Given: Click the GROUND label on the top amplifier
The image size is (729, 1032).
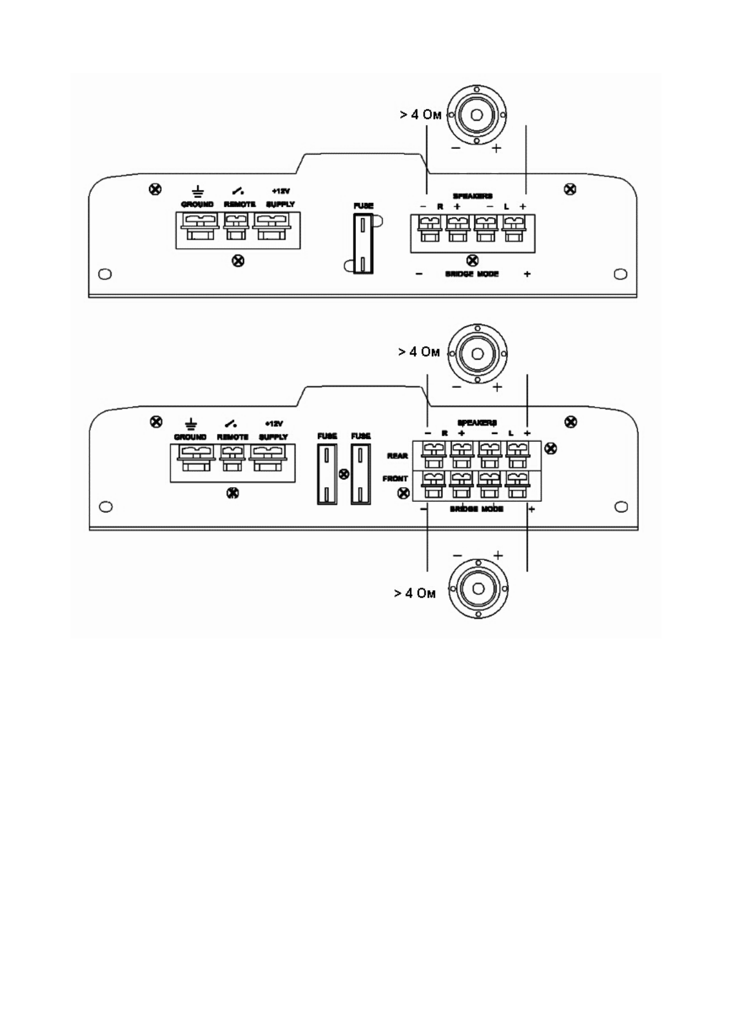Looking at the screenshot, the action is (x=197, y=204).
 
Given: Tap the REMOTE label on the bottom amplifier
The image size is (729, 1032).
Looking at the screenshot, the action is (x=233, y=437).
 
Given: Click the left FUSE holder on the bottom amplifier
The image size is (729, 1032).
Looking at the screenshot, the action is (x=327, y=474).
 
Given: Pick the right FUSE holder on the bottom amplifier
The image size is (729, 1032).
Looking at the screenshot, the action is (x=361, y=474).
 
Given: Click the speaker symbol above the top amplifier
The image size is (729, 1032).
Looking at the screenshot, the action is (x=477, y=115).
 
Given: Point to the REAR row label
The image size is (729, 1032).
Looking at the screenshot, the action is (x=398, y=456).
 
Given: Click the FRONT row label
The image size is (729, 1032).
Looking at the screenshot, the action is (x=395, y=479).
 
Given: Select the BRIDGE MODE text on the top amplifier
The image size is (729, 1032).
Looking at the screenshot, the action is (x=472, y=275).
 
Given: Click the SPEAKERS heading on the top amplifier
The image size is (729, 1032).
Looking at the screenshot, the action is (x=472, y=196).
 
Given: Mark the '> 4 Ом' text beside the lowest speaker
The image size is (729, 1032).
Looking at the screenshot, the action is (x=415, y=593).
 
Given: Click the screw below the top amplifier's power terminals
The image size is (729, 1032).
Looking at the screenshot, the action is (x=238, y=261).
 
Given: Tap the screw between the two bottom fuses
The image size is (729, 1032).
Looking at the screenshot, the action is (x=344, y=474).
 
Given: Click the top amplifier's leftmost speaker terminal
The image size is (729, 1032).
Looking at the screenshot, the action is (x=429, y=230).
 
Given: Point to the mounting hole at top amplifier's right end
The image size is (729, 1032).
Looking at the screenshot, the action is (x=621, y=274).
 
